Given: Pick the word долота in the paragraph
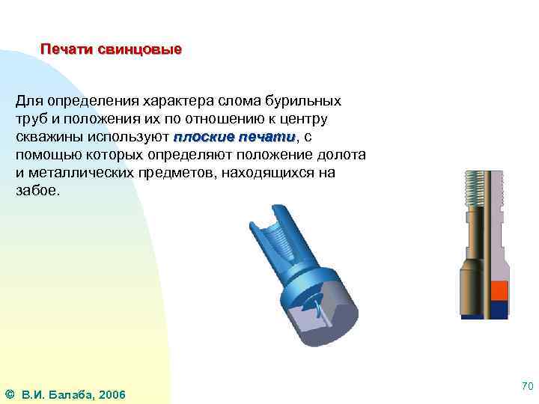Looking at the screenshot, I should point(342,155).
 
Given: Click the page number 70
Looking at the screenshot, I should point(526,387).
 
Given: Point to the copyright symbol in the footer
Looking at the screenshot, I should point(9,394).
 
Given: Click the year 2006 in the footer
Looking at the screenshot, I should point(112,394).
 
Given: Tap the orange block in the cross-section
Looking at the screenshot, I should point(499,291).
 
